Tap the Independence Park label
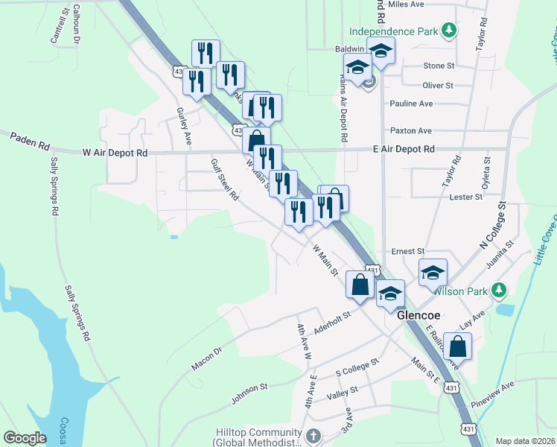coord(395,31)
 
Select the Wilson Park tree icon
coord(502,290)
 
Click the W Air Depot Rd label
coord(115,152)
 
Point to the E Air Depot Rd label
coord(403,149)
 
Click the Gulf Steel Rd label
coord(224,180)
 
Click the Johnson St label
coord(249,392)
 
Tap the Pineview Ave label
coord(497,388)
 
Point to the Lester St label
coord(467,197)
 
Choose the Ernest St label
coord(410,252)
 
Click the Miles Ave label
coord(406,4)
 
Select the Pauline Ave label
coord(411,104)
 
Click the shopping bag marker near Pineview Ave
coord(458,346)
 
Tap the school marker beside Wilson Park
coord(433,273)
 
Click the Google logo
coord(25,438)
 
